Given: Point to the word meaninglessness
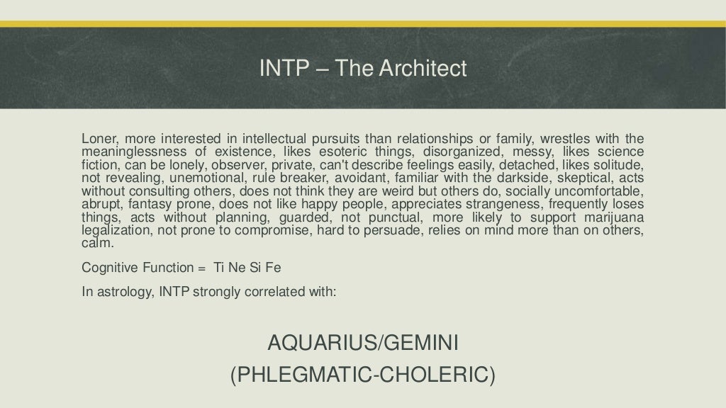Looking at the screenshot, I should [134, 152].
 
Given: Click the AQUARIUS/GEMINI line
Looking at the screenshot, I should [363, 344].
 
